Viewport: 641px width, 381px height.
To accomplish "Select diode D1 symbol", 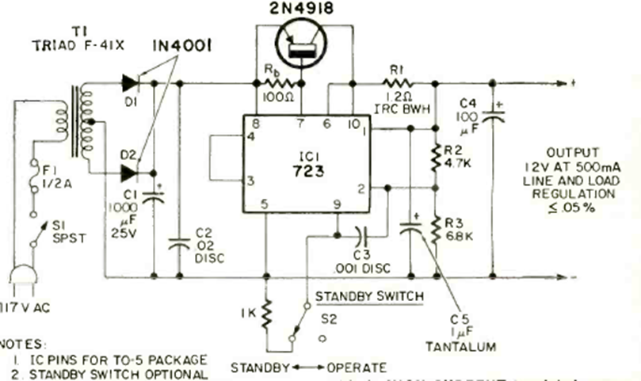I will click(130, 82).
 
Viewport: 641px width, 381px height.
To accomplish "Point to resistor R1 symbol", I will click(395, 82).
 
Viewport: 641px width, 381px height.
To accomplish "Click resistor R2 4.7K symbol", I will click(435, 156).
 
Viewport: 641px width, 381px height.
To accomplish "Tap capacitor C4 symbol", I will click(492, 115).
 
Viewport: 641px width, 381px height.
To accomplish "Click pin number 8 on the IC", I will click(256, 124).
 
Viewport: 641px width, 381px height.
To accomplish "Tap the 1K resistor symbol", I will click(266, 311).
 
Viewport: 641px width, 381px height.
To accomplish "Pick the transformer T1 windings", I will click(79, 122).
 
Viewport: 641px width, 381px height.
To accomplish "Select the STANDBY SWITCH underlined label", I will click(368, 296).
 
